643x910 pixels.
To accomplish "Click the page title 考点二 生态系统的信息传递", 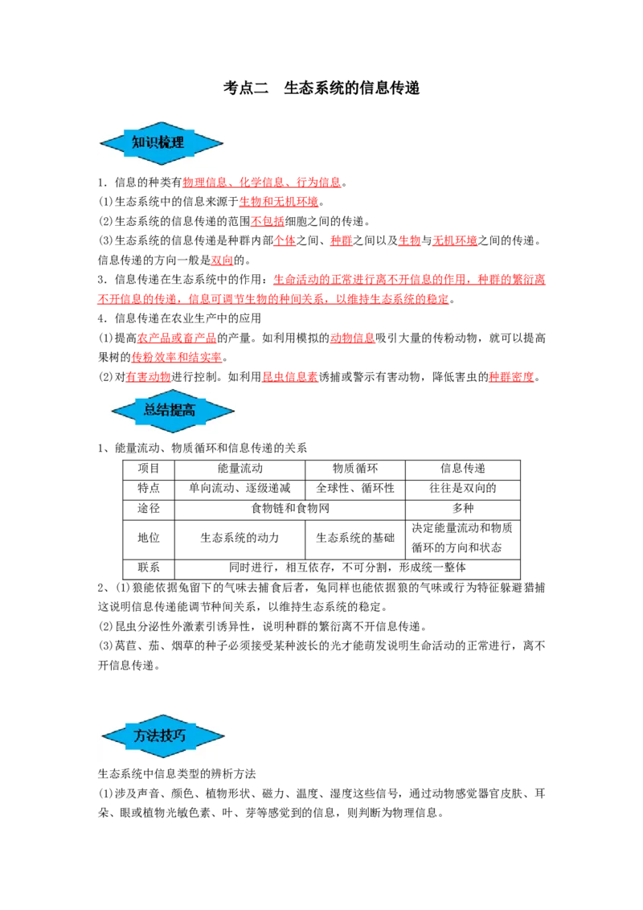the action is (321, 88).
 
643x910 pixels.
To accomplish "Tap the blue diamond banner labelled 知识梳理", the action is (162, 143).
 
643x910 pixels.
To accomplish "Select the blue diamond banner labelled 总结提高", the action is (173, 411).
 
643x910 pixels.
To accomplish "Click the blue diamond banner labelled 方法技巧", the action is (162, 736).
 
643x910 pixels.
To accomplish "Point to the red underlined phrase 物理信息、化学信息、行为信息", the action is (262, 182).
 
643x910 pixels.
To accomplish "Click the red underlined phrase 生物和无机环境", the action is (279, 202).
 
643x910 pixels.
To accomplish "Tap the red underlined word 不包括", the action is (268, 221).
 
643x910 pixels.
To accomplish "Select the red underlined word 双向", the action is (223, 260).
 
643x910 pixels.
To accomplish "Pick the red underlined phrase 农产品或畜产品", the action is (177, 338).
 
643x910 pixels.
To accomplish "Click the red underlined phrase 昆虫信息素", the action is (290, 377).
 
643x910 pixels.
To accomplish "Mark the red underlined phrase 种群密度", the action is (511, 377).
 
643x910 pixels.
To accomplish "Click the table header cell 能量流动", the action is (240, 469).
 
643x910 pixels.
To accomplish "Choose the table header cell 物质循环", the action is (355, 469).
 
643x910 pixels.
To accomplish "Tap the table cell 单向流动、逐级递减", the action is (240, 489).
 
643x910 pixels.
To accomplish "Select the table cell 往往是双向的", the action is (462, 489).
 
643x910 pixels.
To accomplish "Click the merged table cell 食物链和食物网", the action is (290, 509).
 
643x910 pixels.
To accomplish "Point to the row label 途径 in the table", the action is (149, 509).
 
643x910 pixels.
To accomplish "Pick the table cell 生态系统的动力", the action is (240, 539).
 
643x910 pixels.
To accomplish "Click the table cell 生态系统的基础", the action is (355, 539).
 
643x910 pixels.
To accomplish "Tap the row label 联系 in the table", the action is (149, 568).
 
